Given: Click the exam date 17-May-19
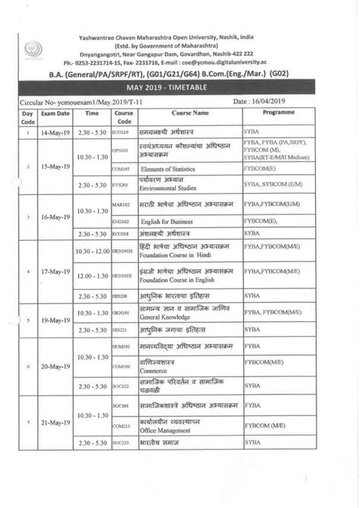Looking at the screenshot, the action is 55,270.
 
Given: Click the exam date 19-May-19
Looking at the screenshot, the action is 55,320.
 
